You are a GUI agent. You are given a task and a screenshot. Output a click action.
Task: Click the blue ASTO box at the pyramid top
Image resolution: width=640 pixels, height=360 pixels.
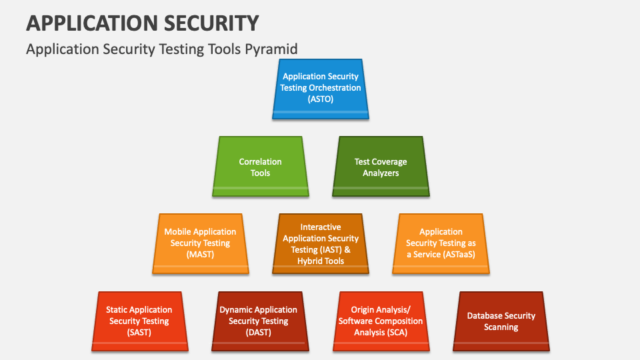(x=321, y=89)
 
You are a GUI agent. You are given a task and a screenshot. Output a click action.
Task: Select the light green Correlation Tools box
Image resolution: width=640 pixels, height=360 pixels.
(x=260, y=167)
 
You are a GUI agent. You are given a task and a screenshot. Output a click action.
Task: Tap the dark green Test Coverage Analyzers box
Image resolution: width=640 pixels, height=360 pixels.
(x=381, y=167)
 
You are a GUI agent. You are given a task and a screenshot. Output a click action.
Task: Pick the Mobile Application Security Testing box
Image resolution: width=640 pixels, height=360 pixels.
(x=200, y=243)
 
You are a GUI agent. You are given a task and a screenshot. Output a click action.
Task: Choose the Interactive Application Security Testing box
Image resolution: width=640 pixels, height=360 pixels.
(x=321, y=243)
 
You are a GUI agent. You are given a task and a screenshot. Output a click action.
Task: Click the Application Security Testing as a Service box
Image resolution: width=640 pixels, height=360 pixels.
(x=441, y=243)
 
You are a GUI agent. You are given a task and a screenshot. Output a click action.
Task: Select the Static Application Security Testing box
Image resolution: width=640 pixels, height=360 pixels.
(x=139, y=321)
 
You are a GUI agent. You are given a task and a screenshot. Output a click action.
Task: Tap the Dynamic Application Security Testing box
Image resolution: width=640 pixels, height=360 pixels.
(x=259, y=321)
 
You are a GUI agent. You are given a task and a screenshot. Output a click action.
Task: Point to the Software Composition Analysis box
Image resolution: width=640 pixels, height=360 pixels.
(x=380, y=321)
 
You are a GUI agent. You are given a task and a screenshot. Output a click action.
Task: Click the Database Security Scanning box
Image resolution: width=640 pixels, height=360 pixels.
(x=501, y=321)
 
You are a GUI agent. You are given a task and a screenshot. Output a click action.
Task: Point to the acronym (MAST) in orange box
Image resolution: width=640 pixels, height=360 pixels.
(x=200, y=255)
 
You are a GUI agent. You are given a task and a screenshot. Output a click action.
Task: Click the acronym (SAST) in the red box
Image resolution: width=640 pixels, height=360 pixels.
(x=139, y=332)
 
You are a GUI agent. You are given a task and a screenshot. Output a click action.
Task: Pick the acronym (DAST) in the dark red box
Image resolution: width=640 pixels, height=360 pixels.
(x=259, y=332)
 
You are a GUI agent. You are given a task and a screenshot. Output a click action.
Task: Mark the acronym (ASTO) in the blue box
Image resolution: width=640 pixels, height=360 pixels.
(x=321, y=99)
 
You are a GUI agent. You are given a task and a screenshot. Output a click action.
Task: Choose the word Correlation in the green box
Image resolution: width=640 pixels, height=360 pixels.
(x=260, y=161)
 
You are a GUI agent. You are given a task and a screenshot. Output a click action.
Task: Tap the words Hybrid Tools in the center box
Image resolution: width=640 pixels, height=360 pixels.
(x=321, y=261)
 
